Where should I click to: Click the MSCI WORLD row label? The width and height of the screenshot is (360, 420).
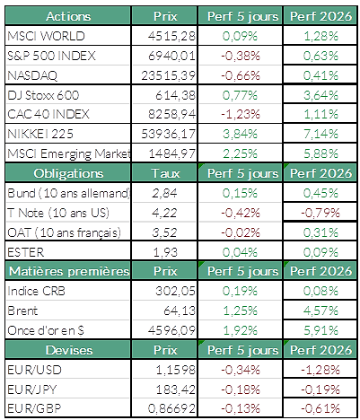click(x=46, y=36)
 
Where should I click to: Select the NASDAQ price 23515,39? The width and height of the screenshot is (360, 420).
click(x=168, y=75)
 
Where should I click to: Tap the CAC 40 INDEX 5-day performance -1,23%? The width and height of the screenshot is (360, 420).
click(x=241, y=114)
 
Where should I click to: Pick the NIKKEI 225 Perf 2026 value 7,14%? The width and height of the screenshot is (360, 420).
click(x=320, y=134)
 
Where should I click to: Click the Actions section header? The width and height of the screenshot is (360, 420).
click(x=68, y=16)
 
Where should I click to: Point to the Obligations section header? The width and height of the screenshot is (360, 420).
click(x=68, y=173)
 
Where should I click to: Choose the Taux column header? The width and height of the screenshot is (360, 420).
click(x=165, y=173)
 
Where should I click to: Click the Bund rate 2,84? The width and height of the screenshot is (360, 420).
click(x=164, y=193)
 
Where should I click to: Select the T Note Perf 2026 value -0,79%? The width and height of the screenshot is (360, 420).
click(x=320, y=213)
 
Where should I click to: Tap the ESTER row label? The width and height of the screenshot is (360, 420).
click(x=26, y=252)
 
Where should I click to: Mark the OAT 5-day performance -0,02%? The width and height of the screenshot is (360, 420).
click(x=241, y=232)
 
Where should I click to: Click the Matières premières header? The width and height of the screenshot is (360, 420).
click(x=69, y=271)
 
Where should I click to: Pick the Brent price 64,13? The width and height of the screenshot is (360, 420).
click(x=180, y=311)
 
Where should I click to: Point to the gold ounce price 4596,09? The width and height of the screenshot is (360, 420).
click(x=171, y=330)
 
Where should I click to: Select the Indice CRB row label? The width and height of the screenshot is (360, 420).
click(x=36, y=291)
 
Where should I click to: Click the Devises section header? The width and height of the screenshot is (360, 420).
click(x=69, y=350)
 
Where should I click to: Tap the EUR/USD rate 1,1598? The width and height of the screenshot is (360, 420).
click(x=176, y=370)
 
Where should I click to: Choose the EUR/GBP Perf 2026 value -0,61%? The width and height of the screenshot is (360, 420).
click(x=320, y=408)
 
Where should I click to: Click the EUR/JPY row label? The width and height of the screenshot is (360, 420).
click(x=32, y=389)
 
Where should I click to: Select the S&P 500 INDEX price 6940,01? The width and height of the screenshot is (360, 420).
click(x=171, y=56)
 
